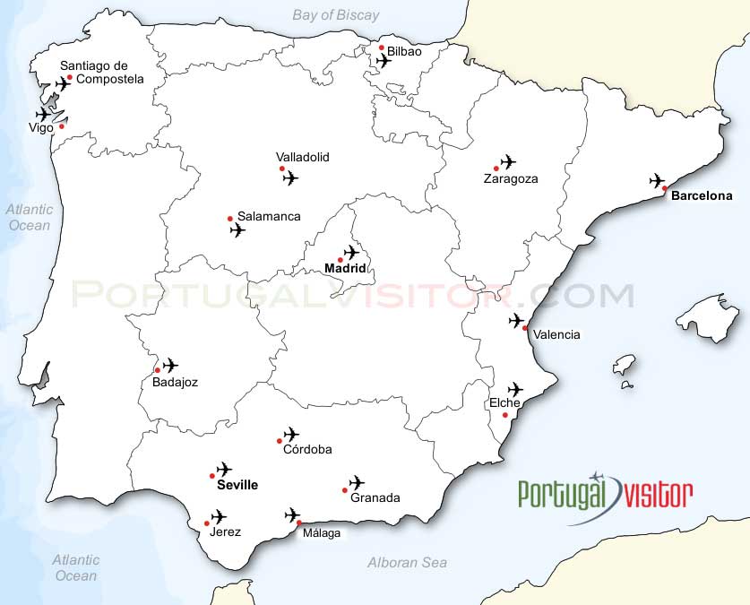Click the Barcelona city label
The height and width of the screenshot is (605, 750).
pos(702,195)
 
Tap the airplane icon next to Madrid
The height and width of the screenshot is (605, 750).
pos(351,253)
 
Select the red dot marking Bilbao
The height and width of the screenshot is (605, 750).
pos(382,48)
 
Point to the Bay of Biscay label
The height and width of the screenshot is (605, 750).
pos(336,15)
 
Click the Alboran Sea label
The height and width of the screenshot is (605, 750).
pos(407,563)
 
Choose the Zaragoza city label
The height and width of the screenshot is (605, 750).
pos(511,178)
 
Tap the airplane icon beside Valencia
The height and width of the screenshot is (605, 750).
pos(516,321)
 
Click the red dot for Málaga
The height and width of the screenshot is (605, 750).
pos(299,523)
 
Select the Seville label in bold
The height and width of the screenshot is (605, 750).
pos(237,485)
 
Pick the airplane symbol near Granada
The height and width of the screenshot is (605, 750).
pos(357,483)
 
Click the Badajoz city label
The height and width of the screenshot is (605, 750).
pos(168,382)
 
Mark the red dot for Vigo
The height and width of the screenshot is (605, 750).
pos(62,126)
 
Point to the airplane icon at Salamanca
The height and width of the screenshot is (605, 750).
pos(237,230)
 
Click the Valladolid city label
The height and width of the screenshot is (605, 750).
pos(303,157)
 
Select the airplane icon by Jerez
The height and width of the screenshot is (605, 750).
pos(218,517)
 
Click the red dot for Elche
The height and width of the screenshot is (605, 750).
pos(505,415)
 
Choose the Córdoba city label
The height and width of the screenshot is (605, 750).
pos(307,450)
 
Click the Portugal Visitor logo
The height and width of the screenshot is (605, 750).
pos(605,492)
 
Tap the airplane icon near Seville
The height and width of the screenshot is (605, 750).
pos(224,469)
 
